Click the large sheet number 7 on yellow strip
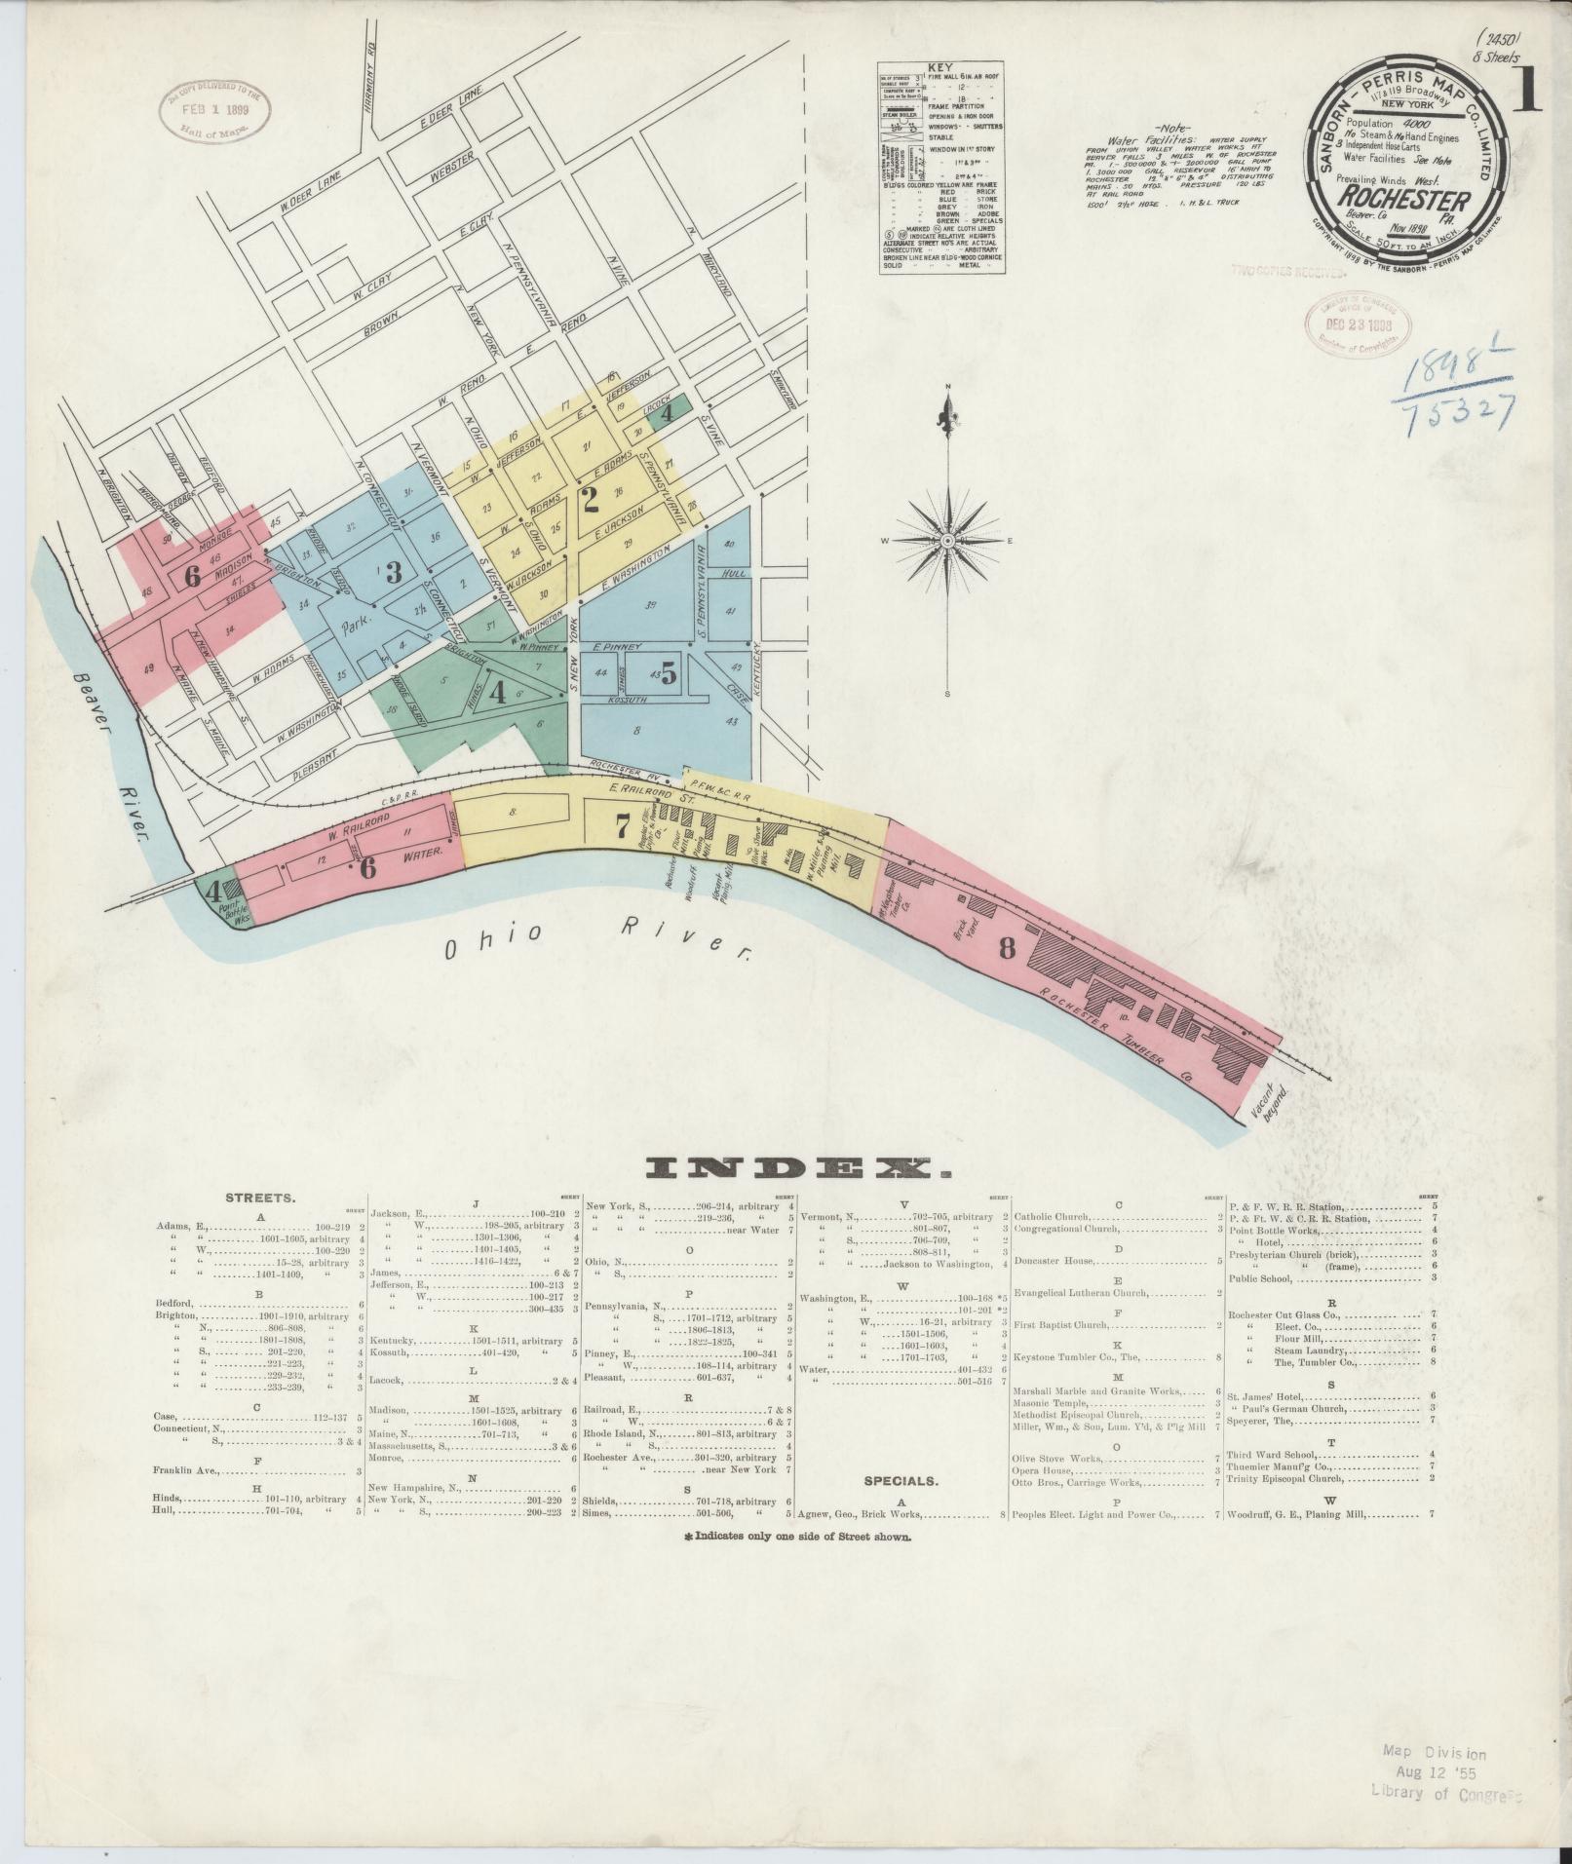[622, 826]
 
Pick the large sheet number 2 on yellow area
[590, 500]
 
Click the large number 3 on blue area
[393, 572]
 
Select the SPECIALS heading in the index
[901, 1507]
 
